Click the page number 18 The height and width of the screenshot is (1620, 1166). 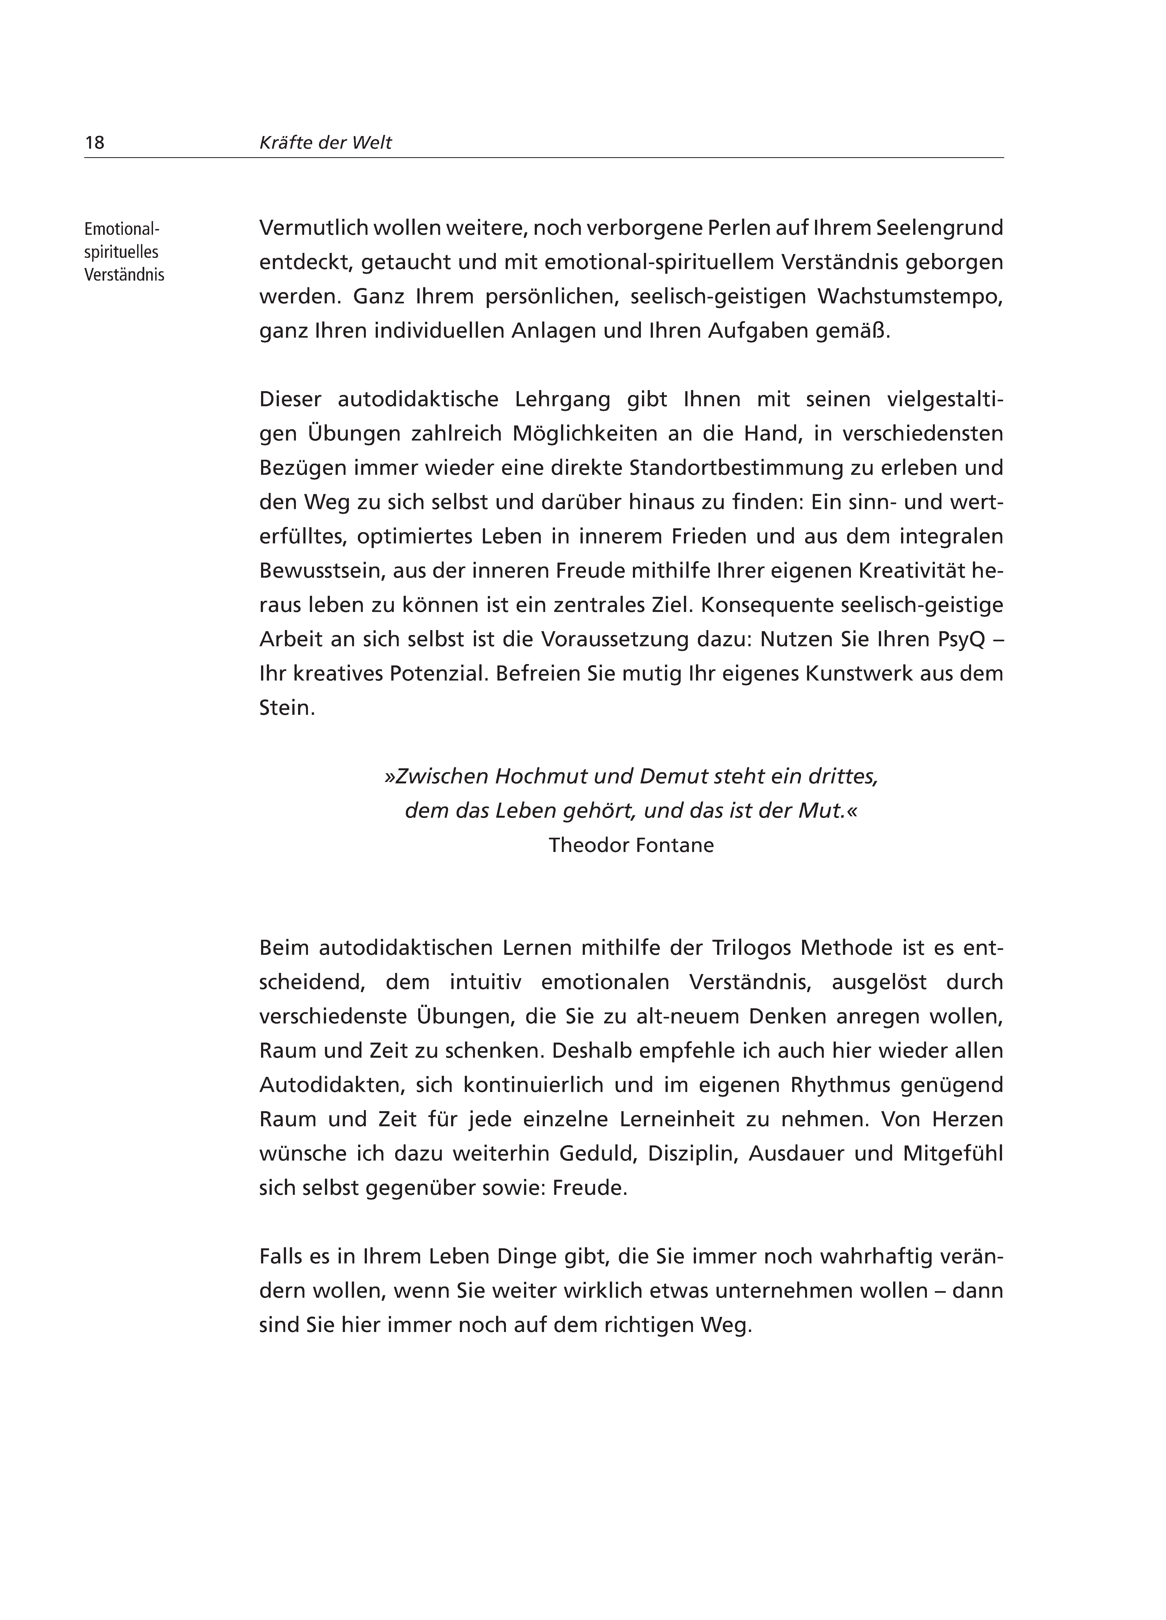[x=94, y=143]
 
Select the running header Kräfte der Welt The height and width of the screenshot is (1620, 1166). [x=326, y=143]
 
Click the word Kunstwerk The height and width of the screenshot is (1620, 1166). [x=858, y=674]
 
